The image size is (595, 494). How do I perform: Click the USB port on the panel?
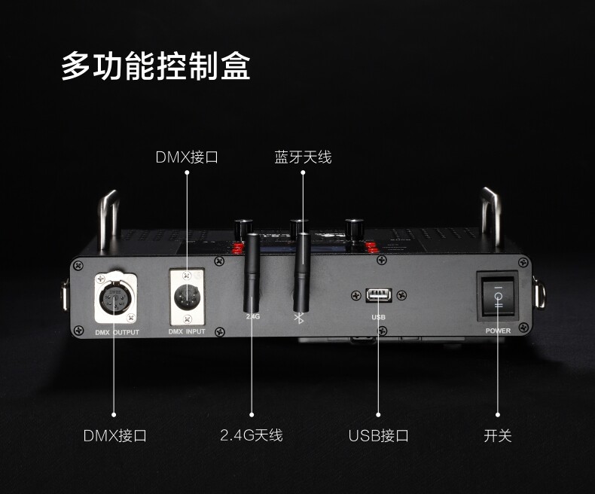tap(378, 294)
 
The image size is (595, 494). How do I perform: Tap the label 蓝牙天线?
tap(303, 157)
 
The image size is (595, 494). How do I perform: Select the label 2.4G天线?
tap(252, 435)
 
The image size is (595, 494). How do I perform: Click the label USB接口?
tap(378, 435)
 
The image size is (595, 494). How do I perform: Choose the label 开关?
tap(498, 435)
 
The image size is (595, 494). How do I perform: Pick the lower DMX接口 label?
tap(114, 435)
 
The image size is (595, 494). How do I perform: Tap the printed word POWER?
tap(498, 331)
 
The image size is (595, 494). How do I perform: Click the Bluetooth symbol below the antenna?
tap(298, 318)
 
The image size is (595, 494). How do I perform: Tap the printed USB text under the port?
tap(378, 317)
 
